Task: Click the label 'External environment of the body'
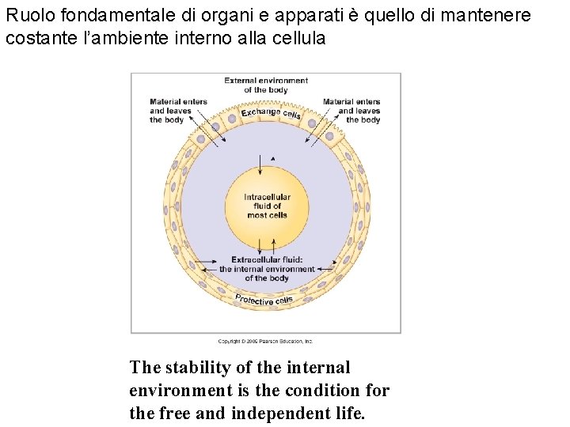tap(266, 85)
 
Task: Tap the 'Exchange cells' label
tap(271, 114)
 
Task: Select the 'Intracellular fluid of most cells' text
tap(267, 206)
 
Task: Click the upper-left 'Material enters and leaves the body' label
tap(178, 111)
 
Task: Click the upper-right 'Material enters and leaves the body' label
tap(351, 111)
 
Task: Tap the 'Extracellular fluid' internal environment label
tap(267, 269)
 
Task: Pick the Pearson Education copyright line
tap(265, 341)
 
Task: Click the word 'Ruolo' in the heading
tap(26, 16)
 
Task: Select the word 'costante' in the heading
tap(35, 38)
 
